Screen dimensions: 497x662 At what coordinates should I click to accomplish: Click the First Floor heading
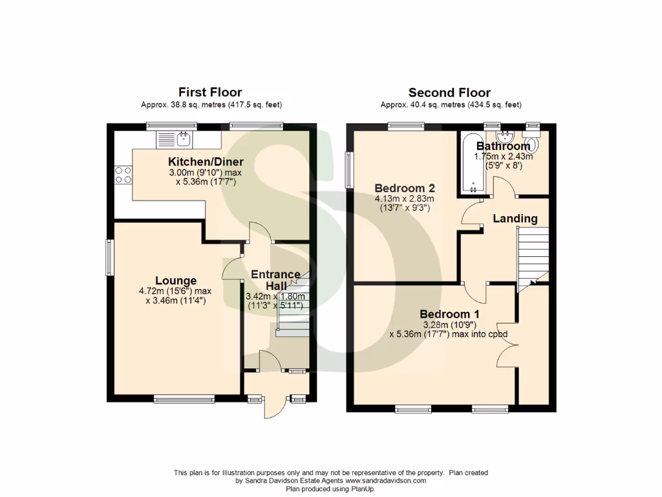point(211,93)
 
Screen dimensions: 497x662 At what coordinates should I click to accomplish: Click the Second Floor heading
point(450,93)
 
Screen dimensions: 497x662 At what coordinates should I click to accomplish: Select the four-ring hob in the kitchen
point(123,175)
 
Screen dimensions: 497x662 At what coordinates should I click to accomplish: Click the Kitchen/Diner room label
point(206,162)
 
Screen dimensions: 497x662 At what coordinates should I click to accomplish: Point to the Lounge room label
point(176,281)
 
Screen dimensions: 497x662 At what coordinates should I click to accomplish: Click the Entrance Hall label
point(276,280)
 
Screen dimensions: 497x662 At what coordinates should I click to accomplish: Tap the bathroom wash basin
point(506,137)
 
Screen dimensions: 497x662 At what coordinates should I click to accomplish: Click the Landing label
point(515,219)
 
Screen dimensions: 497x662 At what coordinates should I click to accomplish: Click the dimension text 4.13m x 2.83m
point(405,199)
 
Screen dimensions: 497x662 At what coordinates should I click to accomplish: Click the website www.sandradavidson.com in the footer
point(386,481)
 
